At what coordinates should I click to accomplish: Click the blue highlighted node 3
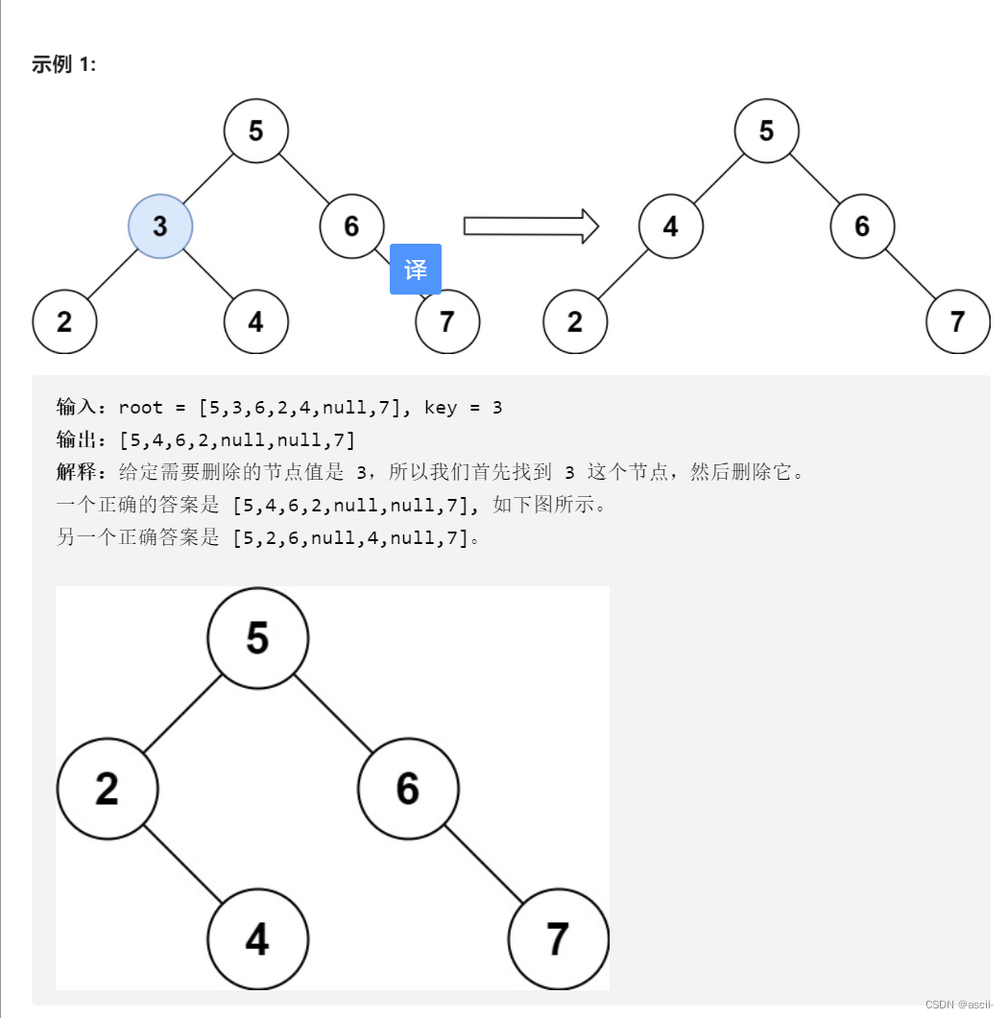click(x=160, y=225)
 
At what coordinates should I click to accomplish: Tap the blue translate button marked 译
click(x=416, y=270)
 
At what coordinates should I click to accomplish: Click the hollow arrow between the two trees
click(x=531, y=226)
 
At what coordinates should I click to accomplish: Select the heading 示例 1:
click(x=63, y=64)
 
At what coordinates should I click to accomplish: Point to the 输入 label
click(x=76, y=408)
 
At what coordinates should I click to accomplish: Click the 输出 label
click(x=76, y=440)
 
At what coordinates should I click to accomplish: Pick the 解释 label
click(x=76, y=472)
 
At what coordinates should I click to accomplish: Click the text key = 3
click(x=463, y=408)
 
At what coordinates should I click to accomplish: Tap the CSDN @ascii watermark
click(x=959, y=1004)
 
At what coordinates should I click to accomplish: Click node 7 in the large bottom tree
click(x=558, y=939)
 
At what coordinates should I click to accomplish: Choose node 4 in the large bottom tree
click(x=257, y=939)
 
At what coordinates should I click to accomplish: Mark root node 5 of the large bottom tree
click(x=257, y=637)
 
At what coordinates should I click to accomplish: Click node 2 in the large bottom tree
click(x=107, y=789)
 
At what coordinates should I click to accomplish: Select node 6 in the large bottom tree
click(x=408, y=789)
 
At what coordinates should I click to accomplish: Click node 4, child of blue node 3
click(x=255, y=321)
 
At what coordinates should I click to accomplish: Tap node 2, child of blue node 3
click(x=64, y=321)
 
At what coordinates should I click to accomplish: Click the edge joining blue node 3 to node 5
click(x=208, y=178)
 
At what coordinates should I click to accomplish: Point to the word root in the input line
click(x=140, y=408)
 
